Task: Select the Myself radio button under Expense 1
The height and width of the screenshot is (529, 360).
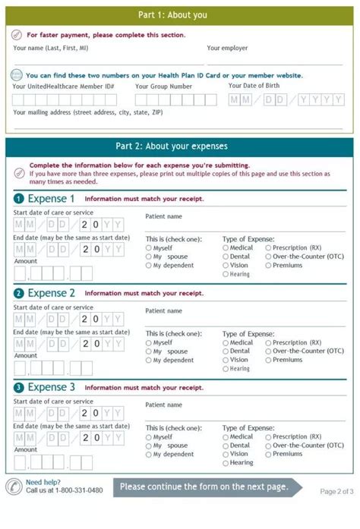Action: coord(149,247)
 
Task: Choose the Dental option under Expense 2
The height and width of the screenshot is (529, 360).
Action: coord(226,351)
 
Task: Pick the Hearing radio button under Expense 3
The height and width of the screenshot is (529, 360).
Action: coord(226,463)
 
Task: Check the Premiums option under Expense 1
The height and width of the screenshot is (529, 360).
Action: coord(268,266)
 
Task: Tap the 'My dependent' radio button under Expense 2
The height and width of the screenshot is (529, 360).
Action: coord(149,361)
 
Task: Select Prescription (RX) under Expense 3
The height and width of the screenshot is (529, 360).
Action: coord(268,437)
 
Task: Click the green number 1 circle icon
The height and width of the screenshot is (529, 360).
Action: coord(18,199)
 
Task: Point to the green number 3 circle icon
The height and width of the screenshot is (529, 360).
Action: coord(18,388)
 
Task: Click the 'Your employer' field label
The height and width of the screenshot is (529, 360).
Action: coord(227,48)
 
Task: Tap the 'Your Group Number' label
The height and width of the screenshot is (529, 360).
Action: coord(163,87)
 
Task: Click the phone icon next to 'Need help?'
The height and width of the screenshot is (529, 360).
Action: coord(14,487)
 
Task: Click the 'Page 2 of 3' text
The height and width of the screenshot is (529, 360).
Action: coord(336,491)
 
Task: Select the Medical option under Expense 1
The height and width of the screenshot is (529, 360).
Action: coord(226,247)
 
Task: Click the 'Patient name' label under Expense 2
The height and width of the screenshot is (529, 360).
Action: coord(163,310)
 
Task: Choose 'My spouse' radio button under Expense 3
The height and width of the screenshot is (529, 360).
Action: coord(149,446)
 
